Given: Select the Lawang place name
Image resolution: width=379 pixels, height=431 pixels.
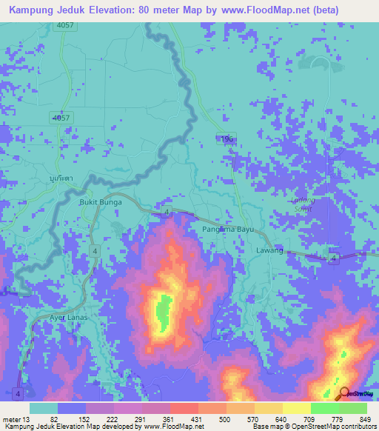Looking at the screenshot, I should [270, 251].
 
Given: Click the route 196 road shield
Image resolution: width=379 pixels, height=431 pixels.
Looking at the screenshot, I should [225, 138].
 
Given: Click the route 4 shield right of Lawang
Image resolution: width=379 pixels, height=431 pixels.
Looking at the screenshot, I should [334, 257].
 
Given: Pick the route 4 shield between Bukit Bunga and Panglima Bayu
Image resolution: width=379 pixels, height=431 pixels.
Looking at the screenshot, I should [167, 213].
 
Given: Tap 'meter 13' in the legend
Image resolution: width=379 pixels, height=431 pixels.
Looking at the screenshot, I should [15, 418].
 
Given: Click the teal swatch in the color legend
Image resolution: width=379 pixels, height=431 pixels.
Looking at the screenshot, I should [44, 408].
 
